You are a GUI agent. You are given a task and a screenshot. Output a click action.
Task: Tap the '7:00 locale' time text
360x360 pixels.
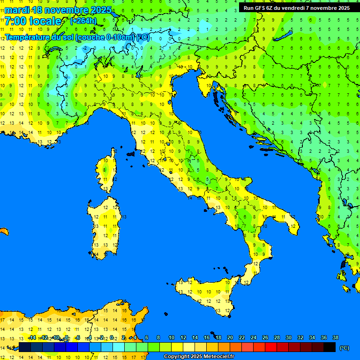point(33,21)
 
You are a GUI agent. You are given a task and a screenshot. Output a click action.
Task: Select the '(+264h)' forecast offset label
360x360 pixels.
point(83,21)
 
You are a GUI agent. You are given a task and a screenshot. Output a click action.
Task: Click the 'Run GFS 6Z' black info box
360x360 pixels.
point(297,7)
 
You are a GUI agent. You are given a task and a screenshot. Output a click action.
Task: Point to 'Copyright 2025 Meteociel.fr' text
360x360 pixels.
point(199,357)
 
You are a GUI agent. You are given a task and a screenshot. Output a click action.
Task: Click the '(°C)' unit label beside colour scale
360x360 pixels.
point(344,348)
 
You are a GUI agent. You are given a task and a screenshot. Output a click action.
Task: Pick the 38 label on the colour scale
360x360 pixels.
point(336,337)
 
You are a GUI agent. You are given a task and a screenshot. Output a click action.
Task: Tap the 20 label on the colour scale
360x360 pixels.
point(230,337)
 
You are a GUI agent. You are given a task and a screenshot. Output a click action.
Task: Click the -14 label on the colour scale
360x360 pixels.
point(32,337)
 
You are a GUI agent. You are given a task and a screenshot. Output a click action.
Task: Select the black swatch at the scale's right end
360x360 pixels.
point(330,347)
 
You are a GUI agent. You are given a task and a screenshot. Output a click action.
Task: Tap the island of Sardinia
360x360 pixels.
point(105,225)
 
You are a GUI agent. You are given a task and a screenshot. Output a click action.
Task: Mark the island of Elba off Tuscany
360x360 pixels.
point(131,153)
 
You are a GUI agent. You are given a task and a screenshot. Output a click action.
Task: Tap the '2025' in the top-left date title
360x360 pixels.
point(100,10)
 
